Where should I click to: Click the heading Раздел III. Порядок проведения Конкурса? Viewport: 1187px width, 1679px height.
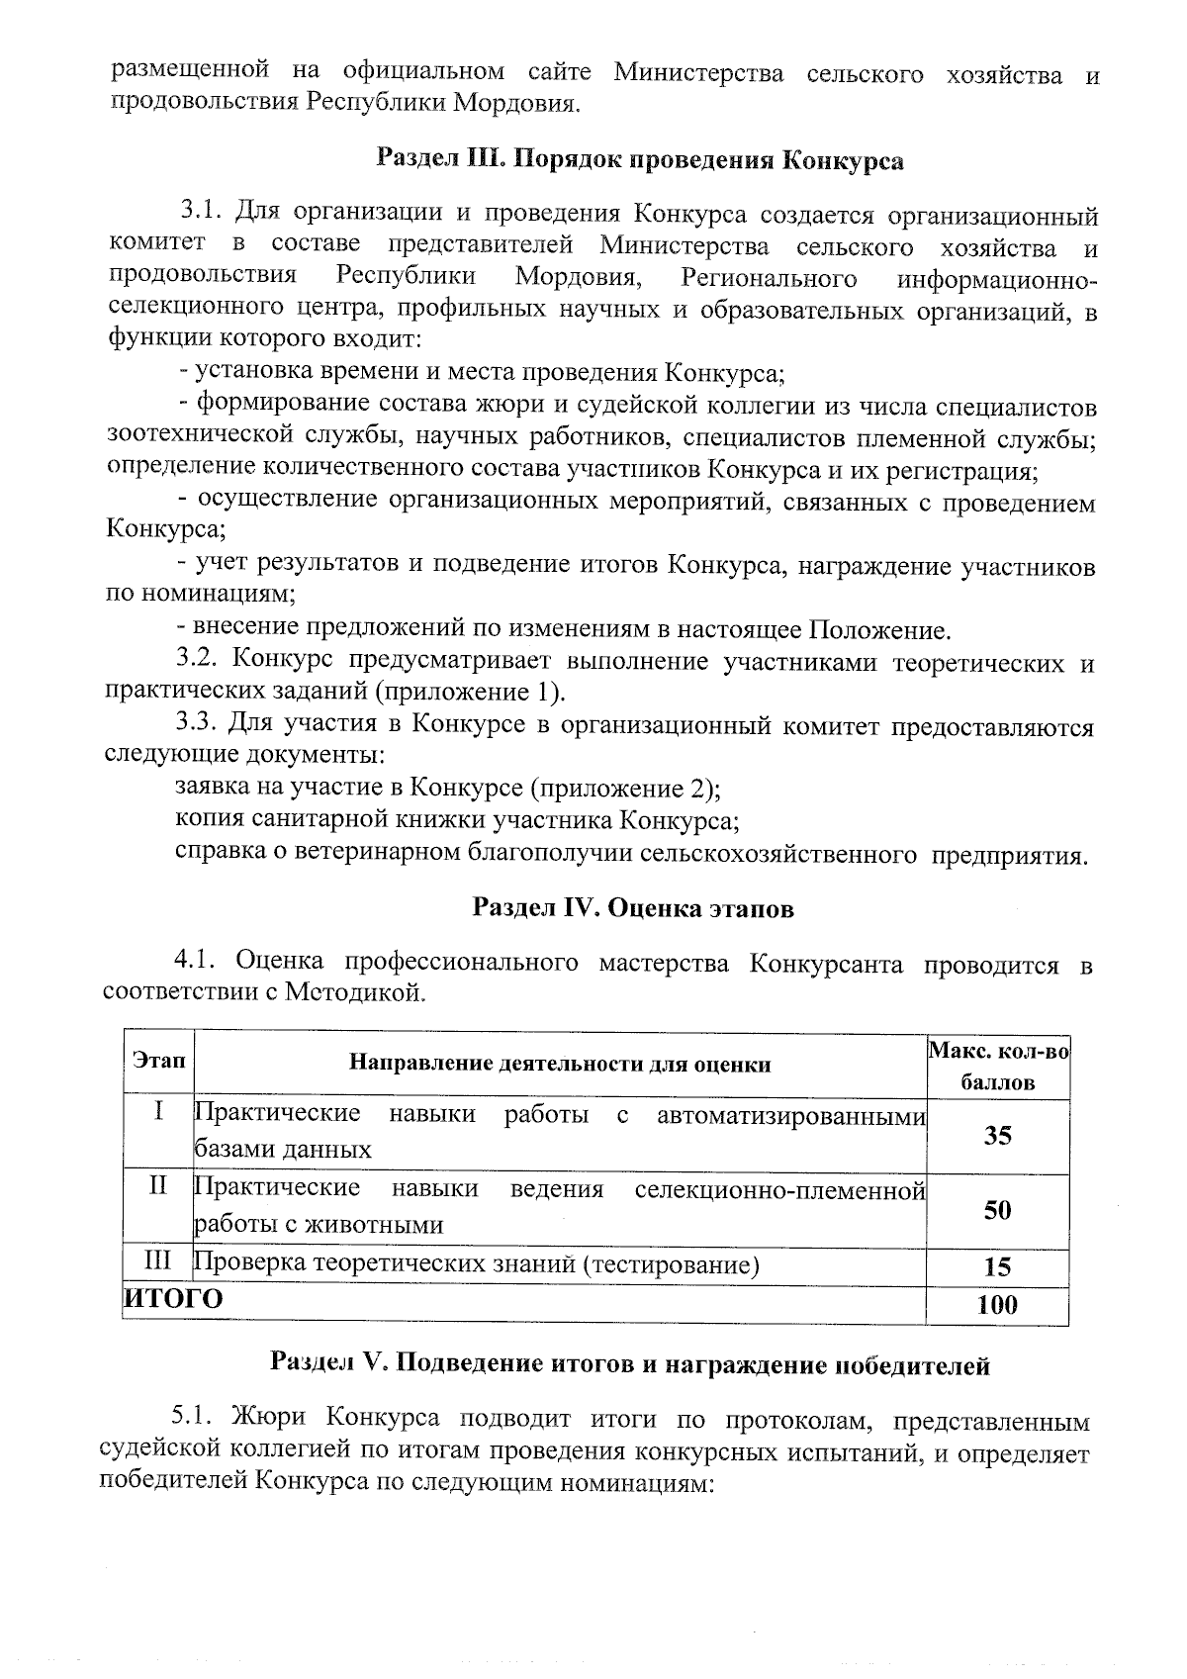point(640,160)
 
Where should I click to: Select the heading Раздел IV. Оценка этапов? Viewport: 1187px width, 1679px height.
point(633,907)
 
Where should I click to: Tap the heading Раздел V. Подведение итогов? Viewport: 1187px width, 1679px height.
point(630,1365)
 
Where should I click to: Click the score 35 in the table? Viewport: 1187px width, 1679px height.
point(997,1136)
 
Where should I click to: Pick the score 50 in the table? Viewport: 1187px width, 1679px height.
point(997,1210)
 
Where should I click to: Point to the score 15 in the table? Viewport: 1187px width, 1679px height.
point(997,1267)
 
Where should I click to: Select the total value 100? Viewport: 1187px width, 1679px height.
point(997,1305)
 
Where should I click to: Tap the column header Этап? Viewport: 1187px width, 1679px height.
point(158,1061)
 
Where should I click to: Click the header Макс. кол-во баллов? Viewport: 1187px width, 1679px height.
point(997,1066)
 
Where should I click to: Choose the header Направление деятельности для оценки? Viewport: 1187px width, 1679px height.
point(560,1065)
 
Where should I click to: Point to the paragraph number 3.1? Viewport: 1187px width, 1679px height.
point(202,213)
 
